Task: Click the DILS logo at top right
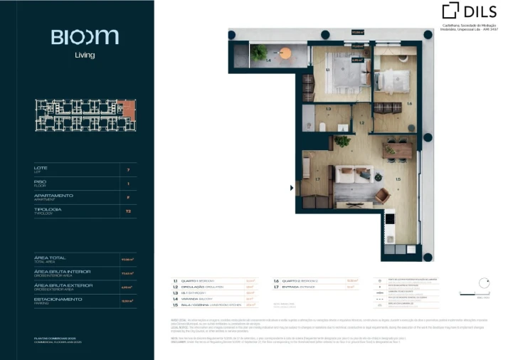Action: click(x=470, y=11)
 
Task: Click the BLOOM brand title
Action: click(x=85, y=38)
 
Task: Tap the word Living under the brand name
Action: click(x=85, y=55)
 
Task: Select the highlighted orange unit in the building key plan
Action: click(x=128, y=110)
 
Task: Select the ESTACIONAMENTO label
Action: click(x=58, y=300)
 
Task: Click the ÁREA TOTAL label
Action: click(x=49, y=258)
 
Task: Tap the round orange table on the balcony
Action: click(x=286, y=52)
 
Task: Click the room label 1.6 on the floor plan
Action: click(x=409, y=104)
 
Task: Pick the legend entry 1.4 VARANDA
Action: click(x=196, y=299)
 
